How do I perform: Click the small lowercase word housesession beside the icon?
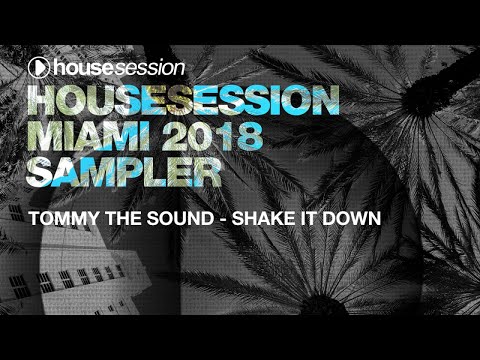pos(121,68)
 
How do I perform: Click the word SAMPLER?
pos(123,172)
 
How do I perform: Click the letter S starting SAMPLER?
pos(42,172)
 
